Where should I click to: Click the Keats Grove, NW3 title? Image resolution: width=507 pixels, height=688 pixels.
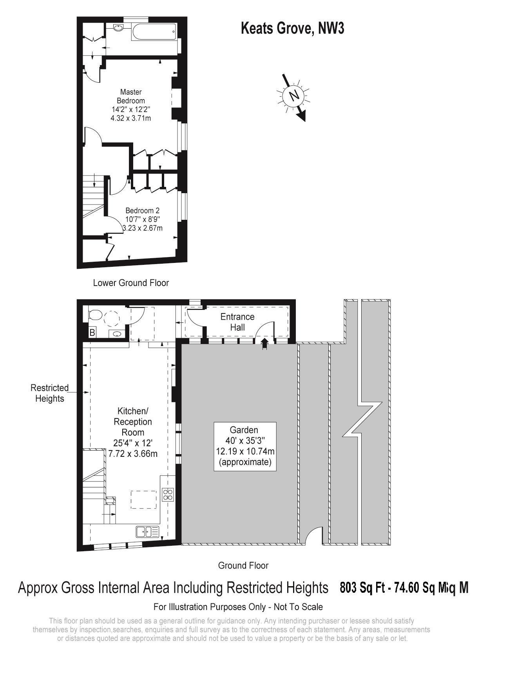click(x=292, y=29)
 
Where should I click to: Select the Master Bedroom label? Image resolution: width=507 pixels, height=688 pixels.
click(x=131, y=105)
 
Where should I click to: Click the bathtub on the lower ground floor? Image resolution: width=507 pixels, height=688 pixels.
click(x=154, y=32)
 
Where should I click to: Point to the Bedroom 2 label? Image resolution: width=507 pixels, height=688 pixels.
click(x=142, y=219)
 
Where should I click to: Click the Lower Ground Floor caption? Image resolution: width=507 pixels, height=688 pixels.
click(x=131, y=283)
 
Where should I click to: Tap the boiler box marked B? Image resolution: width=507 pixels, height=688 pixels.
click(x=92, y=333)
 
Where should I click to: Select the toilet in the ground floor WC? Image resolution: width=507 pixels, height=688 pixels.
click(x=95, y=315)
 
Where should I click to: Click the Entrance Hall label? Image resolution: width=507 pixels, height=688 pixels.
click(x=237, y=322)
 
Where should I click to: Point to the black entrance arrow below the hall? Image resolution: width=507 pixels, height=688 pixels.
click(x=264, y=344)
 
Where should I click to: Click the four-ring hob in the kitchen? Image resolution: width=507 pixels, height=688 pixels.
click(x=168, y=494)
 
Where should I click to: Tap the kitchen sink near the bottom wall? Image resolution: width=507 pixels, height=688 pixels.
click(x=147, y=532)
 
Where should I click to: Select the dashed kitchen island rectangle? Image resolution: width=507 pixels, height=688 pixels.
click(x=143, y=500)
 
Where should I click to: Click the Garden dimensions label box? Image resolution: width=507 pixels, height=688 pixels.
click(x=245, y=446)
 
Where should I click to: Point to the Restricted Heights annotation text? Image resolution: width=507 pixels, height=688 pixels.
click(x=49, y=393)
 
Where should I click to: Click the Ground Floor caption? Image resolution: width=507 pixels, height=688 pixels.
click(x=243, y=565)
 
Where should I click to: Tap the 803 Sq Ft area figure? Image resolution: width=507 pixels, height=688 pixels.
click(x=362, y=588)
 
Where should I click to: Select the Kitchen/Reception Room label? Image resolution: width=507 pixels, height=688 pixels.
click(x=133, y=432)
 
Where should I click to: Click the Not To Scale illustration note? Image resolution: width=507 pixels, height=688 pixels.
click(x=238, y=607)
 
